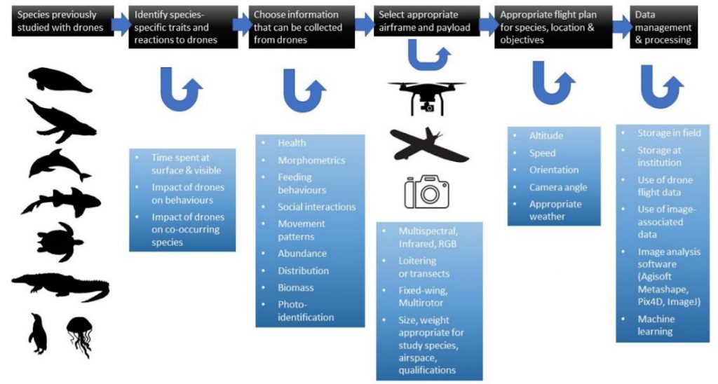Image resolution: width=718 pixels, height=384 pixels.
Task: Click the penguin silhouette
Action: tap(39, 334)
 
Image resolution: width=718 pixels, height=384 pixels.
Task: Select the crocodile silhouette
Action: tap(60, 286)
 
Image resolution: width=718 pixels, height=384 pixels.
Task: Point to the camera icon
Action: tap(426, 191)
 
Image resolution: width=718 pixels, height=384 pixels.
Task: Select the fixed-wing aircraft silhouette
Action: tap(428, 144)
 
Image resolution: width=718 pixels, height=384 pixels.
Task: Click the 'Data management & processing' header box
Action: tap(663, 27)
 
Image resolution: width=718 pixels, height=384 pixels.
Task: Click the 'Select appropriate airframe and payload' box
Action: tap(428, 21)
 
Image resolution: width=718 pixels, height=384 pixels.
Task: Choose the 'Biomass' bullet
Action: tap(295, 288)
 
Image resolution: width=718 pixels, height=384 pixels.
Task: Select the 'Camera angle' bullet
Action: tap(558, 187)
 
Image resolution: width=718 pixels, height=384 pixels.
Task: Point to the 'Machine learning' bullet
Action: tap(656, 325)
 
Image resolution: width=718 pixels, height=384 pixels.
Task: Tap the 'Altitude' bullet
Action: tap(546, 136)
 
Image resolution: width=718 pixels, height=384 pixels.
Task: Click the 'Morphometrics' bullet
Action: tap(311, 160)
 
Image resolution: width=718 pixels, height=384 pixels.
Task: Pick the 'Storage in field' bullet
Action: tap(668, 133)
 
